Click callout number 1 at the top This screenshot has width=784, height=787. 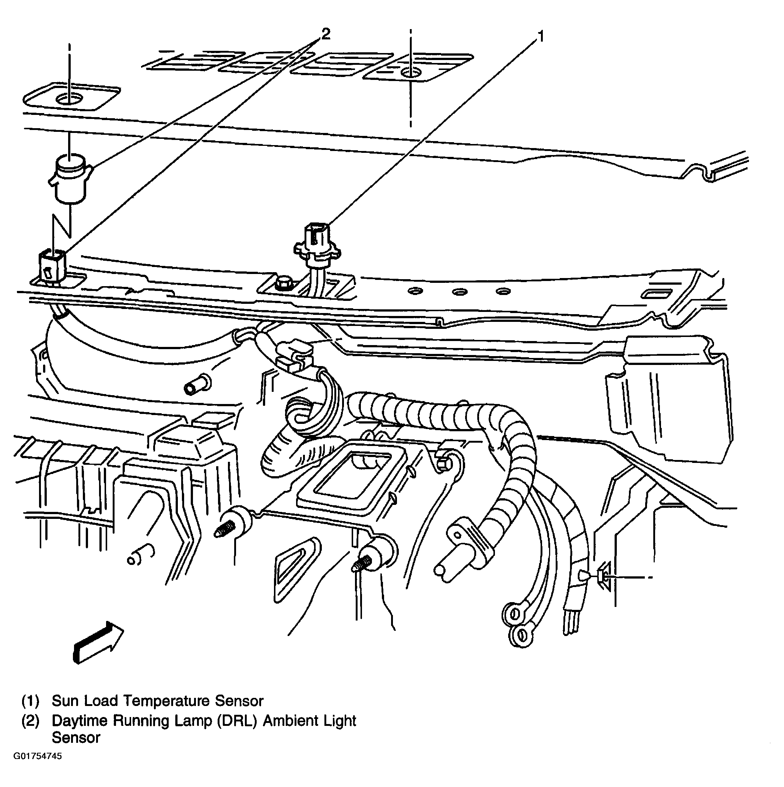[x=541, y=37]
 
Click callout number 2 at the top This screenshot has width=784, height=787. [x=326, y=34]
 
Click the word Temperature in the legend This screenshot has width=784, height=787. [x=166, y=701]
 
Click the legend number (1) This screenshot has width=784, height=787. [x=31, y=701]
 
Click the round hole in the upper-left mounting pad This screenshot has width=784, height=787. [x=69, y=98]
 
